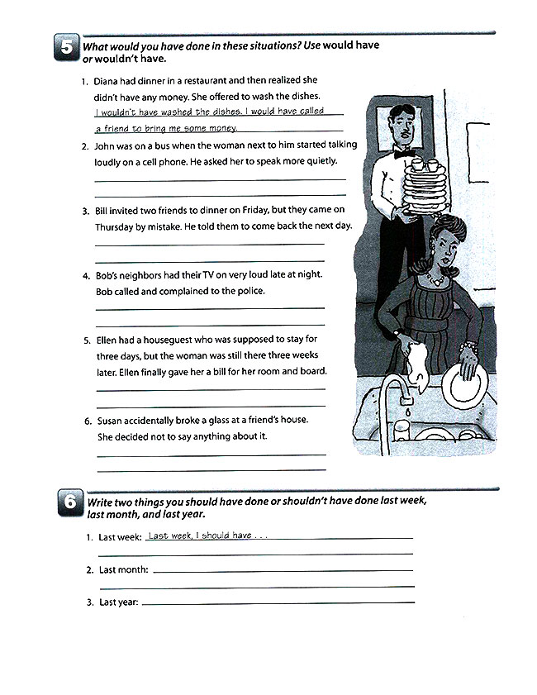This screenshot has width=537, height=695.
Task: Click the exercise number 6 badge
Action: (x=67, y=504)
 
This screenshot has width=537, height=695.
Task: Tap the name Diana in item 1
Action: (x=107, y=81)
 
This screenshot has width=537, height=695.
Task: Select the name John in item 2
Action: (x=106, y=145)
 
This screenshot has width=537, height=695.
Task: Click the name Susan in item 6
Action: (x=111, y=421)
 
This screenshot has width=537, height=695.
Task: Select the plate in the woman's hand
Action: (x=462, y=383)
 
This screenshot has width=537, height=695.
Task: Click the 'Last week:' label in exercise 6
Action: (x=121, y=537)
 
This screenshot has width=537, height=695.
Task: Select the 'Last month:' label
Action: (x=123, y=570)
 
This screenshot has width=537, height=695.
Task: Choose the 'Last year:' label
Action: (x=119, y=602)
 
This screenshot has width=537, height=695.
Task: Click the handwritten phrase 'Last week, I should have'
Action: (x=200, y=536)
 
